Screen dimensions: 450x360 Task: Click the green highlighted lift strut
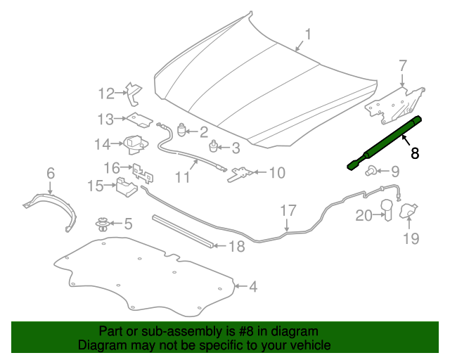[x=385, y=143]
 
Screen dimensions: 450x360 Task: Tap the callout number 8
[x=415, y=153]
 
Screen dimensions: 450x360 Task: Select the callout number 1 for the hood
[x=308, y=34]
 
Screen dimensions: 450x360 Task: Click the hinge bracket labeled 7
[x=394, y=105]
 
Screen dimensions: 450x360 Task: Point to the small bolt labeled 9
[x=370, y=171]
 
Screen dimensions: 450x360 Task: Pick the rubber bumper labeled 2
[x=182, y=130]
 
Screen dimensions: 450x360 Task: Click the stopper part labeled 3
[x=212, y=146]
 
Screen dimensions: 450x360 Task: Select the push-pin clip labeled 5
[x=102, y=224]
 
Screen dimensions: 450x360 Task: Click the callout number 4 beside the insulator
[x=253, y=286]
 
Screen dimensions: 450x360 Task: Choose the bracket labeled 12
[x=134, y=94]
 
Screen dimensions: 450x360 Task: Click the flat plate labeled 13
[x=140, y=120]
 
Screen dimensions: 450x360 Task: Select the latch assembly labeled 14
[x=136, y=144]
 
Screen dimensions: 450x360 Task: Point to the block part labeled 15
[x=127, y=186]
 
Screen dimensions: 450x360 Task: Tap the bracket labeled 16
[x=143, y=174]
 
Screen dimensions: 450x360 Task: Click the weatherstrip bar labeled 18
[x=183, y=231]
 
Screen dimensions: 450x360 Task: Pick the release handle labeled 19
[x=409, y=210]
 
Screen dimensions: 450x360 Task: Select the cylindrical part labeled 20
[x=387, y=210]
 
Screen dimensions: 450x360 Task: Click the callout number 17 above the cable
[x=288, y=211]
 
